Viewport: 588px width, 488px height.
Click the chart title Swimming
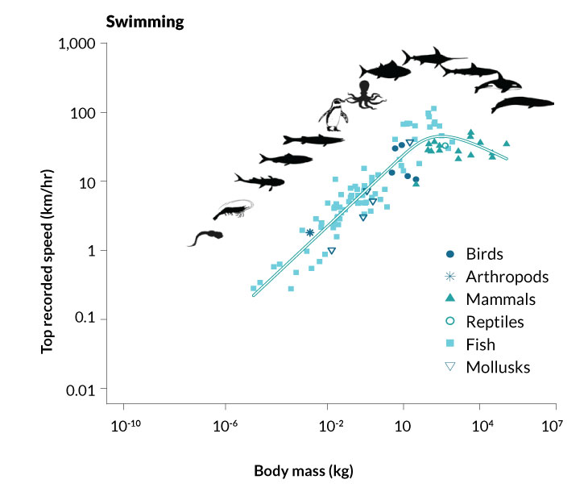pyautogui.click(x=146, y=21)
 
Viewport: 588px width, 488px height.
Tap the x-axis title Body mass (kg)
pyautogui.click(x=304, y=469)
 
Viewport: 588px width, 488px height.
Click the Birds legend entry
pyautogui.click(x=488, y=254)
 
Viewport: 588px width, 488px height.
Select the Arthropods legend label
pyautogui.click(x=507, y=277)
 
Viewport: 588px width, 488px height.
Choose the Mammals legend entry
pyautogui.click(x=499, y=299)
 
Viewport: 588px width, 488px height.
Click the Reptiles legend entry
pyautogui.click(x=495, y=322)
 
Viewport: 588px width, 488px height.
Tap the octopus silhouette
pyautogui.click(x=367, y=97)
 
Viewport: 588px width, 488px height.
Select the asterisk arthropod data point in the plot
pyautogui.click(x=309, y=232)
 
